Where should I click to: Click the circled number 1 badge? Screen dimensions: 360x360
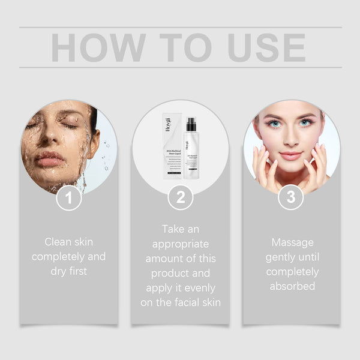tap(69, 198)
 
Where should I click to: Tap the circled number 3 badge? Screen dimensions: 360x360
tap(291, 198)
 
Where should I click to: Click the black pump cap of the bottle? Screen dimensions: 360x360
tap(191, 124)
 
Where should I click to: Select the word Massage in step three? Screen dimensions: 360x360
tap(292, 242)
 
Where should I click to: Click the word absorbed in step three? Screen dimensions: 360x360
tap(292, 286)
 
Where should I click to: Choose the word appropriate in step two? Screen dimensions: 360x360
tap(180, 244)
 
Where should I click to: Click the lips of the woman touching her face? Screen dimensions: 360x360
tap(291, 155)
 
